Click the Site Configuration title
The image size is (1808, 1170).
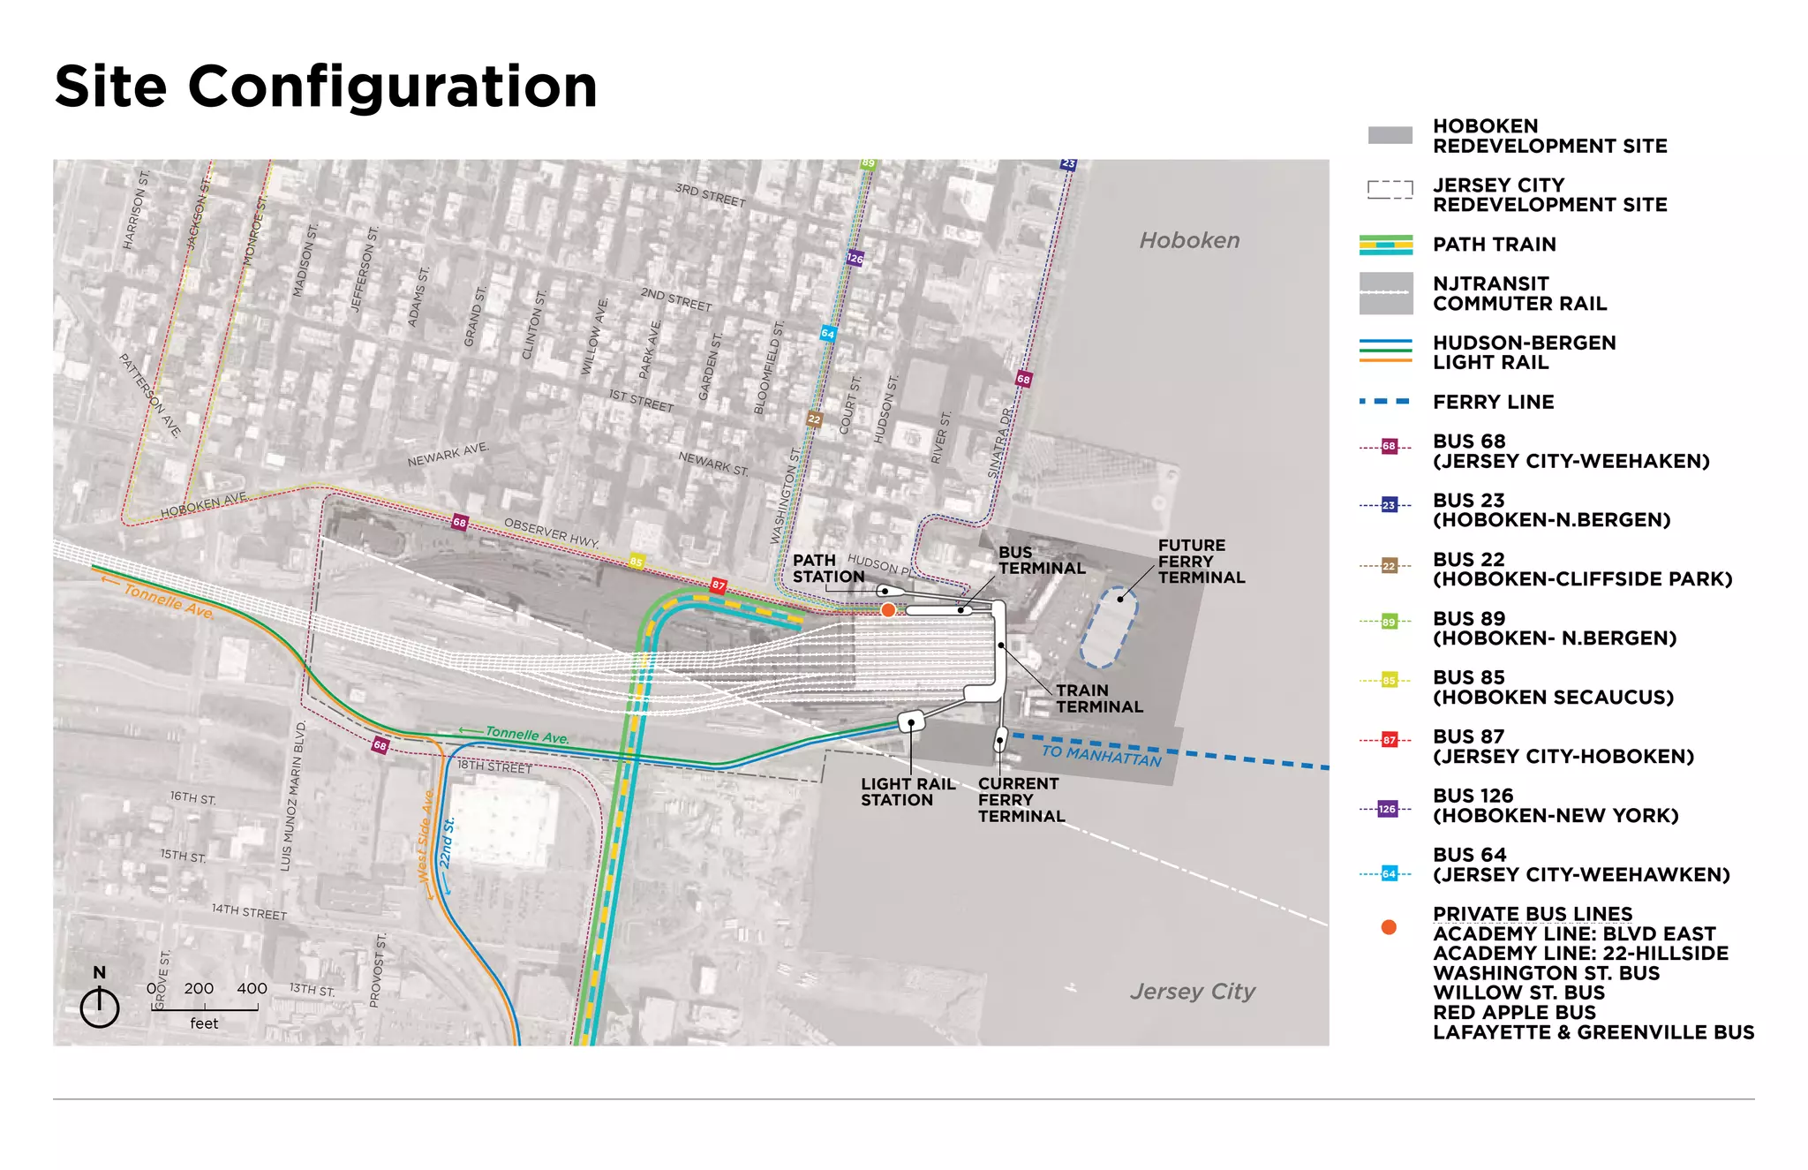coord(326,87)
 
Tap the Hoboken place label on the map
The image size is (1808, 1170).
coord(1189,240)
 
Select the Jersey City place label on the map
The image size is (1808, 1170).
coord(1192,992)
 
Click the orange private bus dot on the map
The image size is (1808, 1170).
coord(888,610)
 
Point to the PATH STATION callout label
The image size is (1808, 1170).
coord(827,569)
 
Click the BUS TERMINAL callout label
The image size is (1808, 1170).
coord(1042,560)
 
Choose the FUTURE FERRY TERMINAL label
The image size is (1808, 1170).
coord(1201,562)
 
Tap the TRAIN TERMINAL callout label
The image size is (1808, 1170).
coord(1099,698)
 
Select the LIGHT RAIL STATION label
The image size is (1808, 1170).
coord(908,792)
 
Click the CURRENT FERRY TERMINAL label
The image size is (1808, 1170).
coord(1021,800)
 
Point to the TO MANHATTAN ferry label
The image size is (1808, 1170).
coord(1101,755)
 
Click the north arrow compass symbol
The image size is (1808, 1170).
coord(100,1006)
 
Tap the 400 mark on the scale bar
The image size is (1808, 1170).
coord(252,989)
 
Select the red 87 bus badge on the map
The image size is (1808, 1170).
coord(719,585)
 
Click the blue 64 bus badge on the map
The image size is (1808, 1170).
coord(827,333)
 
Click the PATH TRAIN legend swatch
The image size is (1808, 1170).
coord(1386,245)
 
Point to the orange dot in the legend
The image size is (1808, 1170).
coord(1389,927)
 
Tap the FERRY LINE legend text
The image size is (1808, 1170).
coord(1493,402)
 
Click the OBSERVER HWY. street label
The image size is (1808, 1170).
coord(551,532)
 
